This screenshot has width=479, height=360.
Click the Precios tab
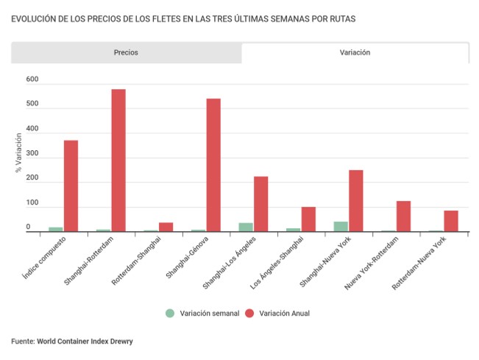click(x=126, y=53)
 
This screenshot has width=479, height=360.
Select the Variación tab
click(x=355, y=53)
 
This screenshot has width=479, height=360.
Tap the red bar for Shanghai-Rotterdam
click(x=118, y=160)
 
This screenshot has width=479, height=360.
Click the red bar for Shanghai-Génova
click(x=213, y=165)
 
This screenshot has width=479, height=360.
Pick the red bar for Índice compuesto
click(x=71, y=186)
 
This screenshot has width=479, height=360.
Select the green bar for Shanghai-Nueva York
click(x=341, y=227)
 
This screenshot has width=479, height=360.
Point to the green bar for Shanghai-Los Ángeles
click(x=246, y=227)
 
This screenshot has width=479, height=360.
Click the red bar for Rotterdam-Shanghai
click(x=166, y=227)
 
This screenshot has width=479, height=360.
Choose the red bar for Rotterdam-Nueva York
click(x=450, y=221)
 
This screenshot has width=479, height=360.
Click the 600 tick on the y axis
click(x=32, y=79)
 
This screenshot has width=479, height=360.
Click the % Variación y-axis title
click(x=18, y=155)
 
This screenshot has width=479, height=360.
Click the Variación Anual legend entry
click(x=284, y=313)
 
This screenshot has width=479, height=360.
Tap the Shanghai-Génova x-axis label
click(x=188, y=257)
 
